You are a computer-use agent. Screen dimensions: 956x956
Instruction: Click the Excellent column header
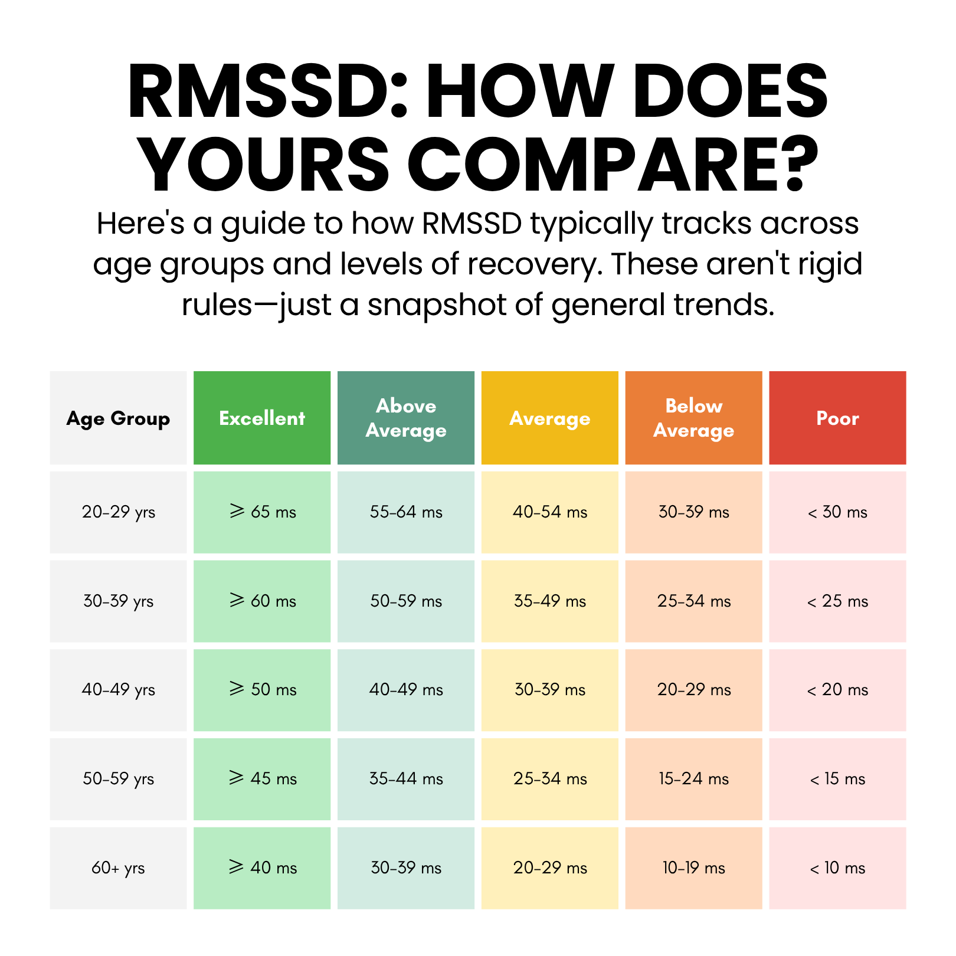262,418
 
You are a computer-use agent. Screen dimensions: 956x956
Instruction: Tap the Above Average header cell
406,418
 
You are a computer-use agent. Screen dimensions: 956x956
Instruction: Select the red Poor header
837,418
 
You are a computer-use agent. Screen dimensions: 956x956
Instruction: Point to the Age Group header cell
118,418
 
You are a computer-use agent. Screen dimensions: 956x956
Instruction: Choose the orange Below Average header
693,418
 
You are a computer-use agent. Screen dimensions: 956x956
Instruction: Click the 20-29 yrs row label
118,512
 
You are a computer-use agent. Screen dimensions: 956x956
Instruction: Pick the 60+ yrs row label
118,867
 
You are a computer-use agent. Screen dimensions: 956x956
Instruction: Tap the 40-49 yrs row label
118,689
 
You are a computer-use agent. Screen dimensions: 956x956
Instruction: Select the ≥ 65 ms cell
262,512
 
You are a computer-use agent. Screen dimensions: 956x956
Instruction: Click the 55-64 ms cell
406,512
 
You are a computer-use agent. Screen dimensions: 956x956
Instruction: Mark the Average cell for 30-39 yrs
550,601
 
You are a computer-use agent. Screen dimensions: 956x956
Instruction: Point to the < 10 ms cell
837,867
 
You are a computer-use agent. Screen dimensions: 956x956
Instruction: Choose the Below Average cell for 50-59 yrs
693,778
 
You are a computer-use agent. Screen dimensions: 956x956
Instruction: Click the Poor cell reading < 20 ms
837,689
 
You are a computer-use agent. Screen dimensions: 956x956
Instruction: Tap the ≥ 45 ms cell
262,778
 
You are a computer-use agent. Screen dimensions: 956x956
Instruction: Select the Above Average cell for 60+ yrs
406,867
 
